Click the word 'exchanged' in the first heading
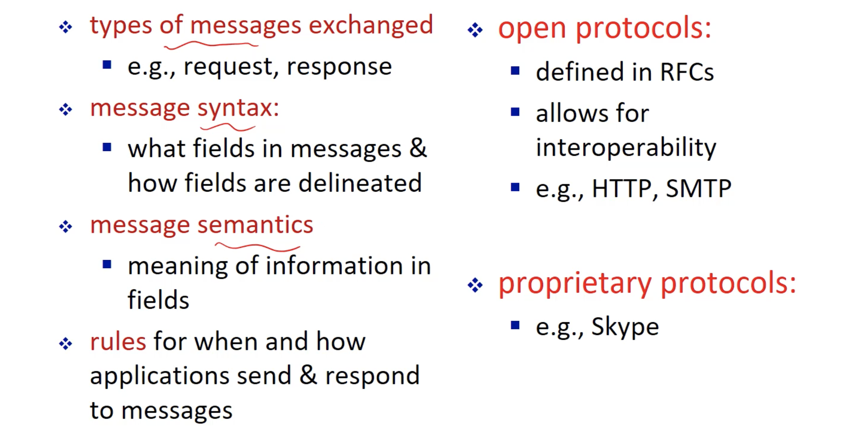[371, 25]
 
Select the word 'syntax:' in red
[238, 108]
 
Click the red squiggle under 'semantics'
[258, 247]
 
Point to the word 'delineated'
[360, 183]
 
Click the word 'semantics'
[255, 225]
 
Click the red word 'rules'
[118, 342]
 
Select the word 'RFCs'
[687, 72]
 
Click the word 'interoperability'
[626, 147]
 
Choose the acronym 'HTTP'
[621, 188]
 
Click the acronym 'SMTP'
[699, 188]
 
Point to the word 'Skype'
[625, 327]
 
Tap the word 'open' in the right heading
[532, 29]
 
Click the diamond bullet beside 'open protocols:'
[475, 30]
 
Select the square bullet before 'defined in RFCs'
[515, 71]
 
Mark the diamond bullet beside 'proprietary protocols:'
[475, 285]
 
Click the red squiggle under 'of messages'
[211, 45]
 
